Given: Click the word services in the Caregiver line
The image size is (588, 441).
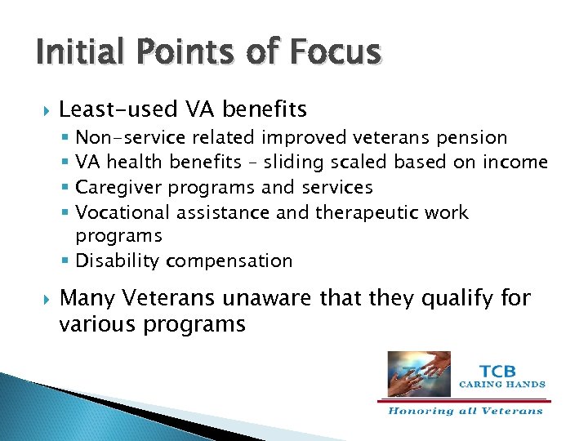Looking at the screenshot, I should point(336,188).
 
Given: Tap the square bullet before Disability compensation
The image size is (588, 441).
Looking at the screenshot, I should point(65,261).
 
